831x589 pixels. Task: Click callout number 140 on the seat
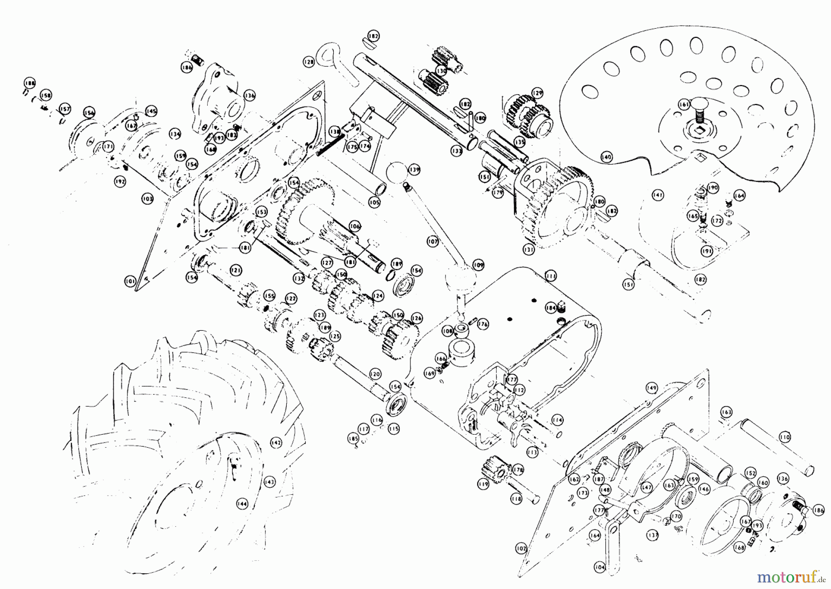606,157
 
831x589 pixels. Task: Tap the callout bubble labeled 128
308,61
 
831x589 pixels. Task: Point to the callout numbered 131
529,250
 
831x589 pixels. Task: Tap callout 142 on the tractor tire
276,442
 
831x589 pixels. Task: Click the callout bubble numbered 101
130,280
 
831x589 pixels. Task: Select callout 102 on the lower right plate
521,548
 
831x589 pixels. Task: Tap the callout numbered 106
354,226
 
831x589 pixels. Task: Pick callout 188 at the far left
30,84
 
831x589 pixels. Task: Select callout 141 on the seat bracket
657,195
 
